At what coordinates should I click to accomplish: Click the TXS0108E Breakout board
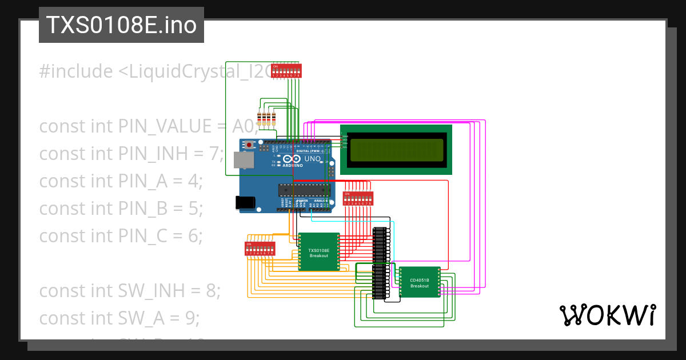point(319,251)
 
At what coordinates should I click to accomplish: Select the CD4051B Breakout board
point(420,282)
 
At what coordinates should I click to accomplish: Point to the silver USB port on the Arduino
point(246,162)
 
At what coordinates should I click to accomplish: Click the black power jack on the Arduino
point(244,202)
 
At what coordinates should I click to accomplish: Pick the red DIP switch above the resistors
point(286,71)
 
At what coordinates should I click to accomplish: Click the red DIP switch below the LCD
point(358,198)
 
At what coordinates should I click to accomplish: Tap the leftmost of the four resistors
point(260,119)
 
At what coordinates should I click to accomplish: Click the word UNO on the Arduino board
point(312,158)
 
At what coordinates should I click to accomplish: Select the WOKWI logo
point(607,315)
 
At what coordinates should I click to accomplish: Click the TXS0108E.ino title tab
point(121,25)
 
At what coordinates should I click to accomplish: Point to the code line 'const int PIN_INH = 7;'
point(131,154)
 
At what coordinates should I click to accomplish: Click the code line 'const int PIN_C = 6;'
point(121,236)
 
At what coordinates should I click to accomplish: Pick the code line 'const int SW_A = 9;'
point(119,318)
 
